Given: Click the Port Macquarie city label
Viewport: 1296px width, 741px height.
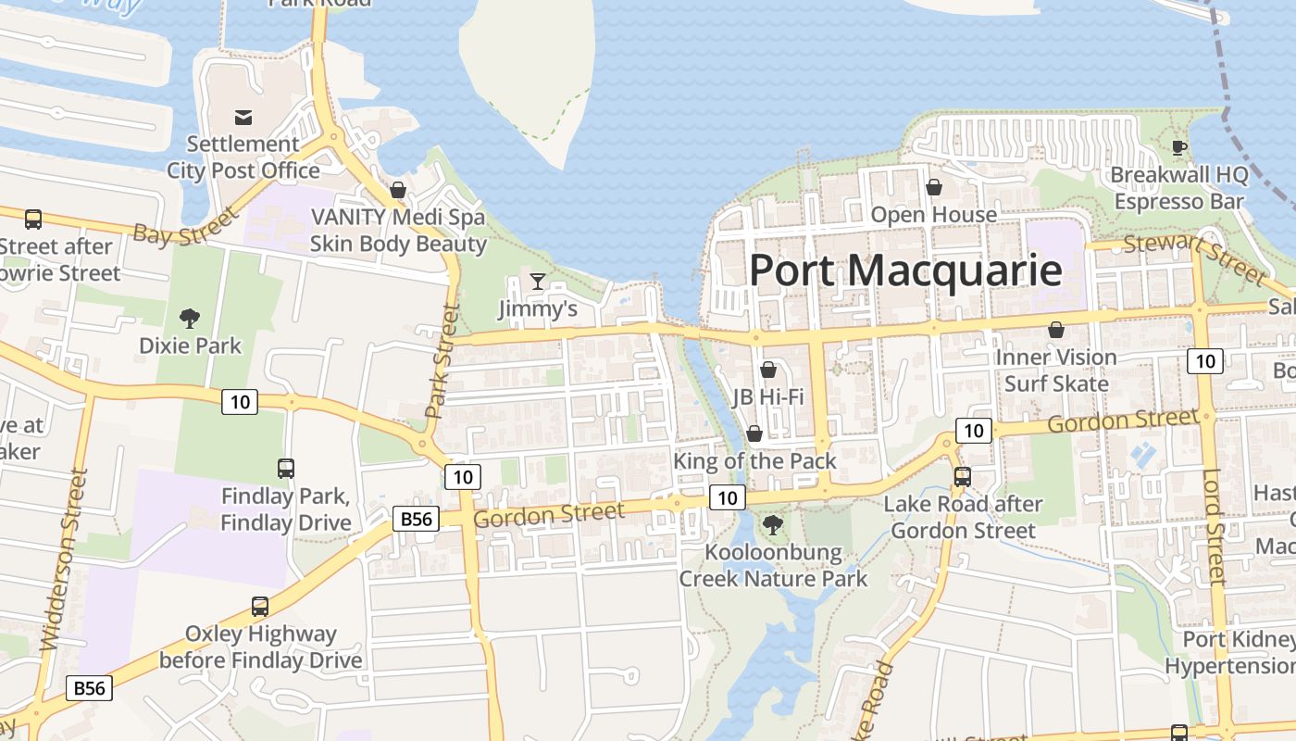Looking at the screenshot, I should coord(904,270).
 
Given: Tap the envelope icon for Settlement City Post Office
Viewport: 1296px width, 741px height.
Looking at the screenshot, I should coord(243,118).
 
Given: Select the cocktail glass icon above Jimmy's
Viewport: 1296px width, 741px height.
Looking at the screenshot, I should coord(537,281).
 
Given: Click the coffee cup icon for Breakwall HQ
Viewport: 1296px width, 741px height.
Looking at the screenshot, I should coord(1178,147).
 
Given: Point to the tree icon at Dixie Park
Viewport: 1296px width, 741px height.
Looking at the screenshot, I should coord(190,319).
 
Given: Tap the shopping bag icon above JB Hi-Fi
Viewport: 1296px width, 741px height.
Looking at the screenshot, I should coord(767,370).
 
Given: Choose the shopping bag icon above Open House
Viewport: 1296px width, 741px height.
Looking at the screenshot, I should coord(933,187).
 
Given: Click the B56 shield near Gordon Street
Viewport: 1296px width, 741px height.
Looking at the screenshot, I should coord(416,519).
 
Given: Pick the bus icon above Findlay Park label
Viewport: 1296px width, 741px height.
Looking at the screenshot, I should coord(285,469).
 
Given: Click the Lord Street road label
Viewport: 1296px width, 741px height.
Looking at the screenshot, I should coord(1214,528).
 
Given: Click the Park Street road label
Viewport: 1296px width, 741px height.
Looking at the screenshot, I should coord(442,361).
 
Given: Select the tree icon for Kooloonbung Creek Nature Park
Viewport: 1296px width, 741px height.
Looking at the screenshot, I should coord(772,526).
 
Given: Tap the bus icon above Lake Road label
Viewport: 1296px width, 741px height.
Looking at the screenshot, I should coord(963,477).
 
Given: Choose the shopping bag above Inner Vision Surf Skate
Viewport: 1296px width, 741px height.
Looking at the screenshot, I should coord(1055,330).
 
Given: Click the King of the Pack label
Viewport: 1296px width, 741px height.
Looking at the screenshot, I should coord(754,460).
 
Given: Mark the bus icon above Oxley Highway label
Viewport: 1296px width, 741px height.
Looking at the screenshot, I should coord(260,607).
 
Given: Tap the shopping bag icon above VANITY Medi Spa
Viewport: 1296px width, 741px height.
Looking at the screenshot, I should coord(398,190).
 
